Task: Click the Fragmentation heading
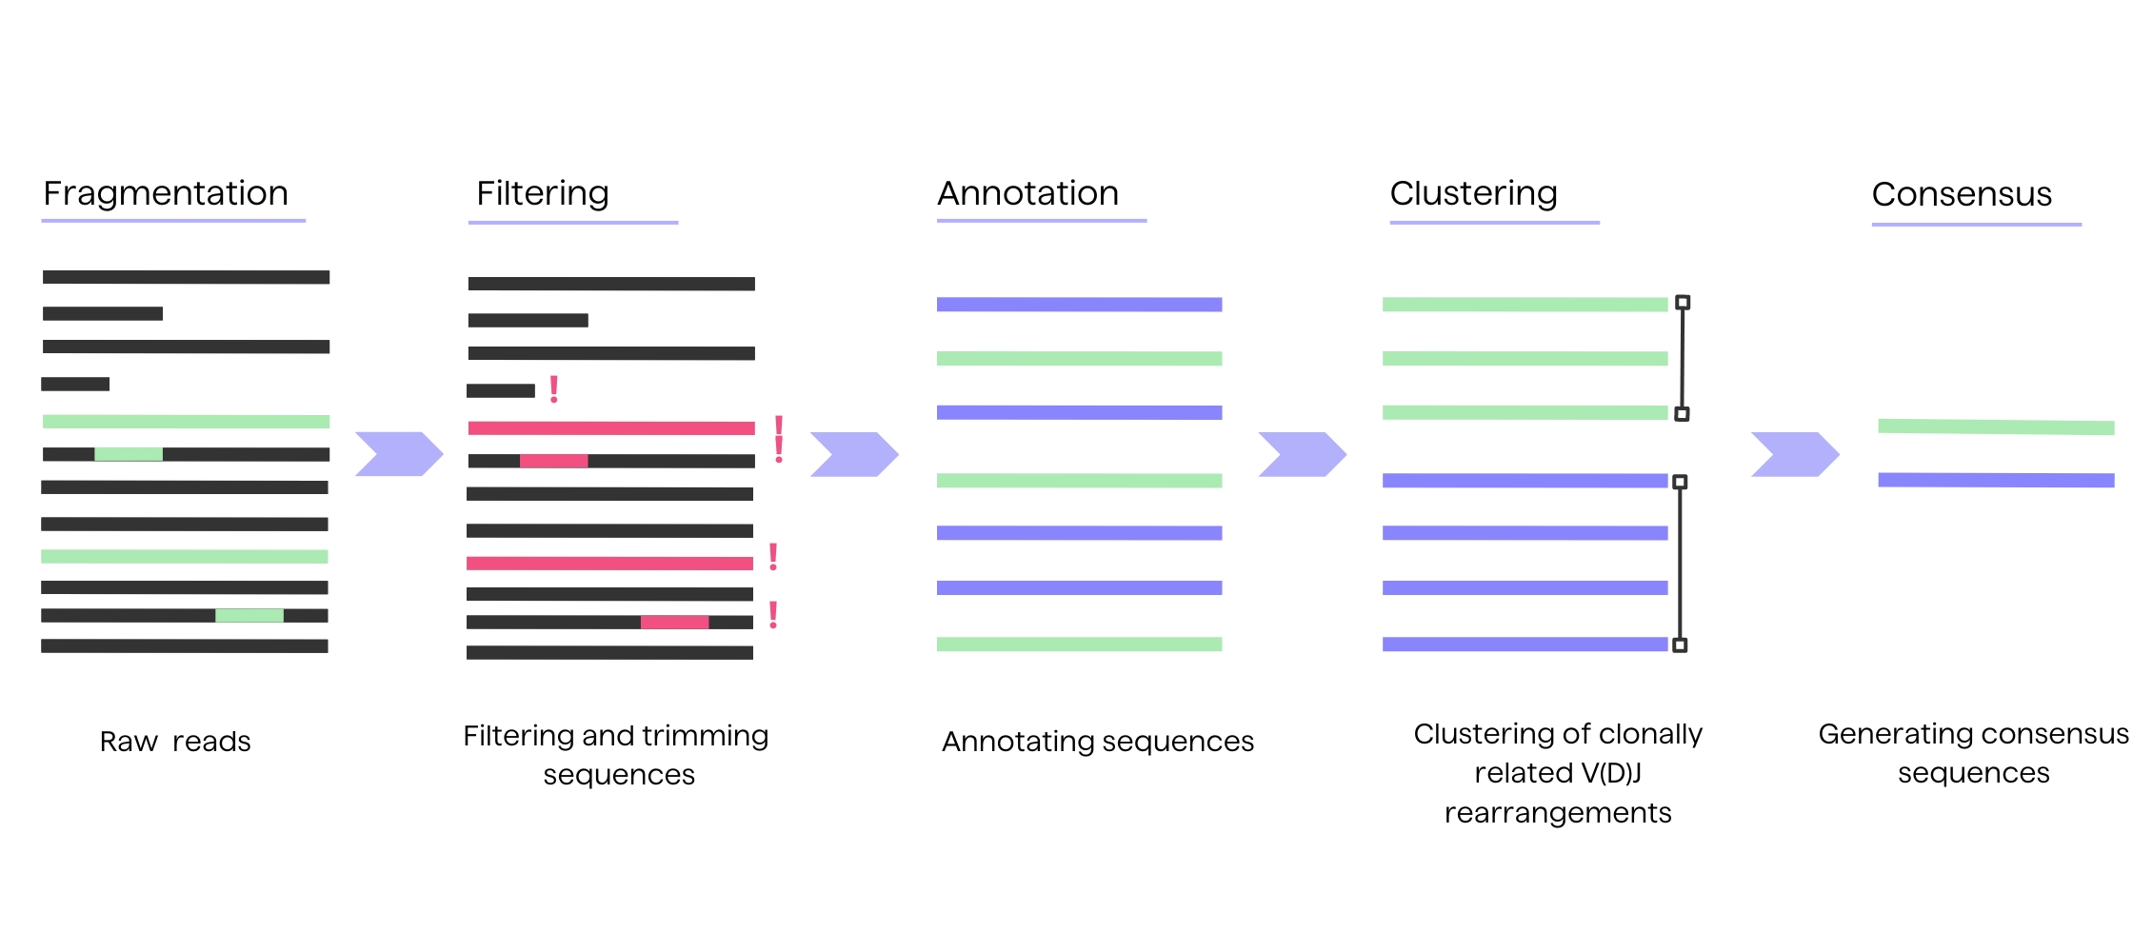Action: tap(166, 193)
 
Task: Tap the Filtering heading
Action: tap(542, 193)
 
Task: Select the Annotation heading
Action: tap(1027, 193)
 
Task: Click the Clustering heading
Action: tap(1473, 193)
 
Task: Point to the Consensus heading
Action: tap(1961, 194)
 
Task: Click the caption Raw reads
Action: tap(175, 741)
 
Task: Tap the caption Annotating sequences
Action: tap(1097, 741)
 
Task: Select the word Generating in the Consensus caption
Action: tap(1881, 734)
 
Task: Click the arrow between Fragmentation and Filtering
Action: tap(398, 454)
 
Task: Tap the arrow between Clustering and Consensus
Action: tap(1794, 454)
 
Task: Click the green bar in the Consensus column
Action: tap(1995, 426)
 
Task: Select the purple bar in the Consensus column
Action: tap(1995, 480)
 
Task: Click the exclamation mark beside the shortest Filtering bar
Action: tap(553, 388)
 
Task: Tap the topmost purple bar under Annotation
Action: tap(1079, 305)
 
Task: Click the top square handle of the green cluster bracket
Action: tap(1683, 303)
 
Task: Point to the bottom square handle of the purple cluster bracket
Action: tap(1680, 645)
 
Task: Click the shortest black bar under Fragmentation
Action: tap(75, 385)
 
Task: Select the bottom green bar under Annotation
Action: tap(1079, 645)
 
